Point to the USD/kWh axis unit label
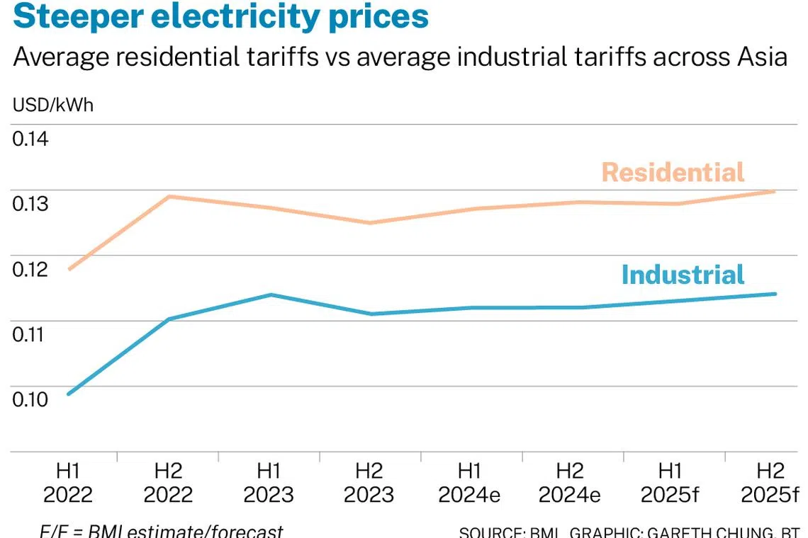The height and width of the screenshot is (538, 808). (x=53, y=105)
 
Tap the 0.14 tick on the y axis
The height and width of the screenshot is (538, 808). (x=30, y=138)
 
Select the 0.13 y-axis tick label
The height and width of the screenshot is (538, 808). (x=30, y=204)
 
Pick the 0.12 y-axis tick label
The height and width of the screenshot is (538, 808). (x=30, y=269)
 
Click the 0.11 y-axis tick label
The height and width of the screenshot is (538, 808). (x=30, y=334)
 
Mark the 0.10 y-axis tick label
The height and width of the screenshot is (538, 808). (x=30, y=399)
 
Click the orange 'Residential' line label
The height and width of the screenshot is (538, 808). (x=673, y=172)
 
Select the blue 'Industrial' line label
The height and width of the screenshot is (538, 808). (x=683, y=275)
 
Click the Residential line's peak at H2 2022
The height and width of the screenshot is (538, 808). (x=169, y=196)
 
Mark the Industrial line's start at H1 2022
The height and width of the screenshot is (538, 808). (x=69, y=394)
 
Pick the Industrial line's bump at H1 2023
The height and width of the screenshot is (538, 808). (x=270, y=294)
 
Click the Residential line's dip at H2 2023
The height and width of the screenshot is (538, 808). (x=369, y=223)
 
